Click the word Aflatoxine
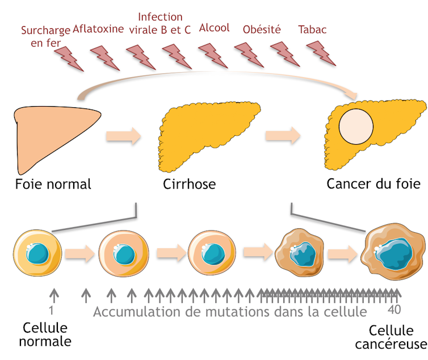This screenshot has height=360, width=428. click(x=98, y=30)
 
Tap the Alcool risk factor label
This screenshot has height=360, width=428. click(x=214, y=28)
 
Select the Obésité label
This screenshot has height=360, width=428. click(x=262, y=30)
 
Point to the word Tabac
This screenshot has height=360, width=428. click(x=312, y=30)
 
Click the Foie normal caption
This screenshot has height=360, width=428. click(x=53, y=184)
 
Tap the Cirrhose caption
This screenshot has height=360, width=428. click(x=189, y=184)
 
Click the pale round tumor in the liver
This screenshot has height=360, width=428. click(x=356, y=125)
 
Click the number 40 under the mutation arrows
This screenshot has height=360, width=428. click(x=395, y=311)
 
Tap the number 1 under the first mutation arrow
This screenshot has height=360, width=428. click(x=52, y=310)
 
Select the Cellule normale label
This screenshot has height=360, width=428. click(x=45, y=335)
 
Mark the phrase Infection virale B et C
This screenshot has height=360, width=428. click(x=160, y=23)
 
